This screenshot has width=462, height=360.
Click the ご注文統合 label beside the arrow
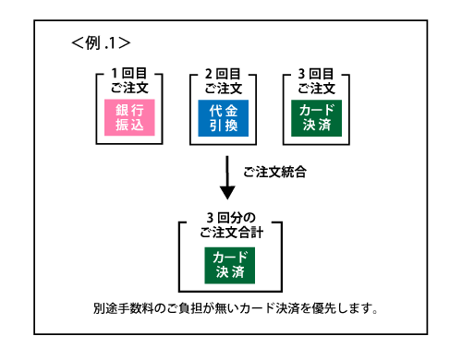coord(274,173)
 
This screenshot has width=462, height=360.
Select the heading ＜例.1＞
coord(100,42)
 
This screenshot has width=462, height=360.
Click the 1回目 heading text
coord(129,73)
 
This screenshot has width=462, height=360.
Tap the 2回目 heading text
coord(224,73)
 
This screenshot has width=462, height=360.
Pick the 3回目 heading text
coord(316,73)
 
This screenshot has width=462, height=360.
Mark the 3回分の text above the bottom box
coord(230,218)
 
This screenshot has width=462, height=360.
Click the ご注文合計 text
coord(230,233)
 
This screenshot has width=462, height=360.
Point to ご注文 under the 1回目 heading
coord(129,88)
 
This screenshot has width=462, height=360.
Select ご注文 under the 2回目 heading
coord(224,88)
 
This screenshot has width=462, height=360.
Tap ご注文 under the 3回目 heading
coord(316,88)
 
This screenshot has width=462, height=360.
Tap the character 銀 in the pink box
coord(121,109)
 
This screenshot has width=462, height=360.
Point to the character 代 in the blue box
coord(215,109)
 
